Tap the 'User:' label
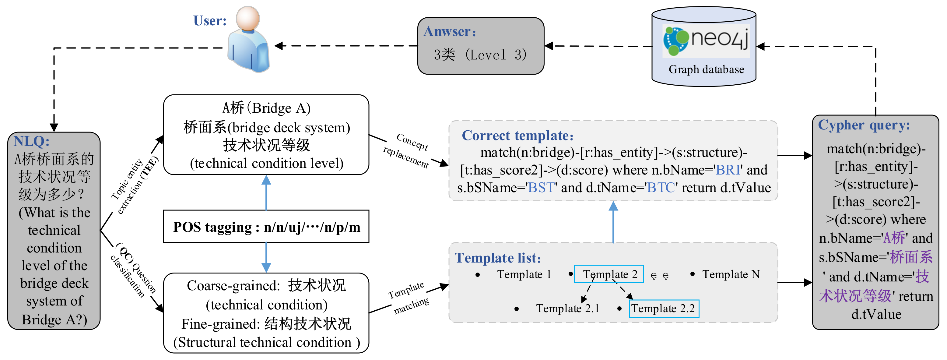tap(210, 21)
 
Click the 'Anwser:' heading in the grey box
tap(450, 32)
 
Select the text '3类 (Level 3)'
tap(480, 55)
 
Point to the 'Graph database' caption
tap(706, 69)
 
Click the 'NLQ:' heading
tap(32, 141)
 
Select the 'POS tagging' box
tap(266, 227)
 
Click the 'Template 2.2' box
tap(664, 309)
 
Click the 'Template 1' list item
tap(524, 274)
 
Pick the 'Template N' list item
tap(731, 274)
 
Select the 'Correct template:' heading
tap(517, 136)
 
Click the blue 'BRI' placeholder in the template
tap(728, 170)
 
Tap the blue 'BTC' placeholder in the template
tap(661, 188)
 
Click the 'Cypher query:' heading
tap(864, 125)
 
